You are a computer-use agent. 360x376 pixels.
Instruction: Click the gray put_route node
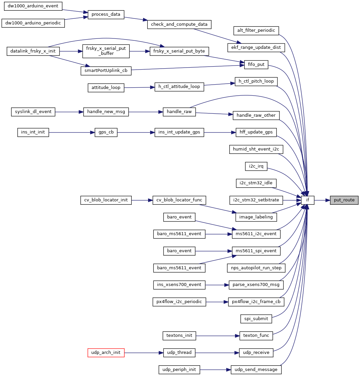[x=344, y=200]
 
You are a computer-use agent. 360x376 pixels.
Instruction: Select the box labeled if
[x=307, y=200]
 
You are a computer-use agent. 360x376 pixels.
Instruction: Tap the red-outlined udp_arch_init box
[x=106, y=352]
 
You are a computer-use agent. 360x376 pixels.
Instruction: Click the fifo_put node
[x=256, y=65]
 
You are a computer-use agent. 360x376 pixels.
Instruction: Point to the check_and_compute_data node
[x=179, y=24]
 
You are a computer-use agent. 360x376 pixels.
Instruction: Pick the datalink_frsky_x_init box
[x=33, y=51]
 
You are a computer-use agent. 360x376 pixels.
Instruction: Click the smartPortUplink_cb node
[x=106, y=71]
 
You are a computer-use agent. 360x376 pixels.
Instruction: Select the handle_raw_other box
[x=256, y=115]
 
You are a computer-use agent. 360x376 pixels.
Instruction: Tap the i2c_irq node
[x=256, y=166]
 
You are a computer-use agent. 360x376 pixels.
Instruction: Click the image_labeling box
[x=256, y=217]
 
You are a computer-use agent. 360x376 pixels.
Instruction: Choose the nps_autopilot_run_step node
[x=256, y=268]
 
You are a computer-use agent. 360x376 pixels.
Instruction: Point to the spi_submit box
[x=256, y=318]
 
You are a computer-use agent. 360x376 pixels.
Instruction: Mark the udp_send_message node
[x=256, y=369]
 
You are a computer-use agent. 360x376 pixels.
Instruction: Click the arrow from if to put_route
[x=322, y=200]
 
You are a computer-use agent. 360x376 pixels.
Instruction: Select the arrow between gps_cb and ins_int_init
[x=72, y=132]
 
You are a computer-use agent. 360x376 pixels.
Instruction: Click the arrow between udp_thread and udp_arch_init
[x=144, y=352]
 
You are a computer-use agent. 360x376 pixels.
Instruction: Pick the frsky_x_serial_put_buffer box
[x=106, y=51]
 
